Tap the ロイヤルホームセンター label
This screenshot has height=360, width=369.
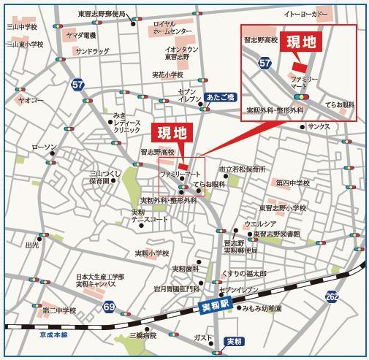[x=172, y=28]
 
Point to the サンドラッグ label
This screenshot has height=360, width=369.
[x=92, y=52]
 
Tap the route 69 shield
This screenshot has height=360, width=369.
[x=109, y=306]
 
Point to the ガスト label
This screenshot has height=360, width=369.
[x=203, y=338]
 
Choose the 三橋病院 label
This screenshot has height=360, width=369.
[x=143, y=336]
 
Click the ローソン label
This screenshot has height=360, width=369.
[x=43, y=148]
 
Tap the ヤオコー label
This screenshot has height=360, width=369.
[x=31, y=99]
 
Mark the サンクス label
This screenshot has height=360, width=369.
[x=319, y=126]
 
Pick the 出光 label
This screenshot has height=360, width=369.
[x=32, y=246]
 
